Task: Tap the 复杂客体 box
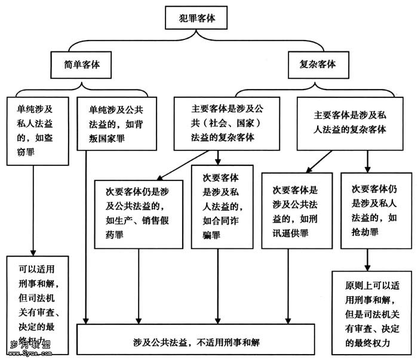click(316, 64)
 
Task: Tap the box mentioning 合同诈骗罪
click(218, 207)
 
